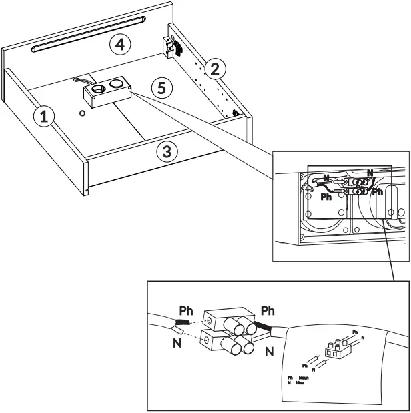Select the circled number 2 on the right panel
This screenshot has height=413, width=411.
pos(214,68)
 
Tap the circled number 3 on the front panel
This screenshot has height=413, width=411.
pos(167,151)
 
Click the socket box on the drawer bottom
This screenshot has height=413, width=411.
pos(107,91)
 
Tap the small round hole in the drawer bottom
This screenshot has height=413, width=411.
pos(82,113)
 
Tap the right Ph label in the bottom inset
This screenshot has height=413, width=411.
pos(268,311)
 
